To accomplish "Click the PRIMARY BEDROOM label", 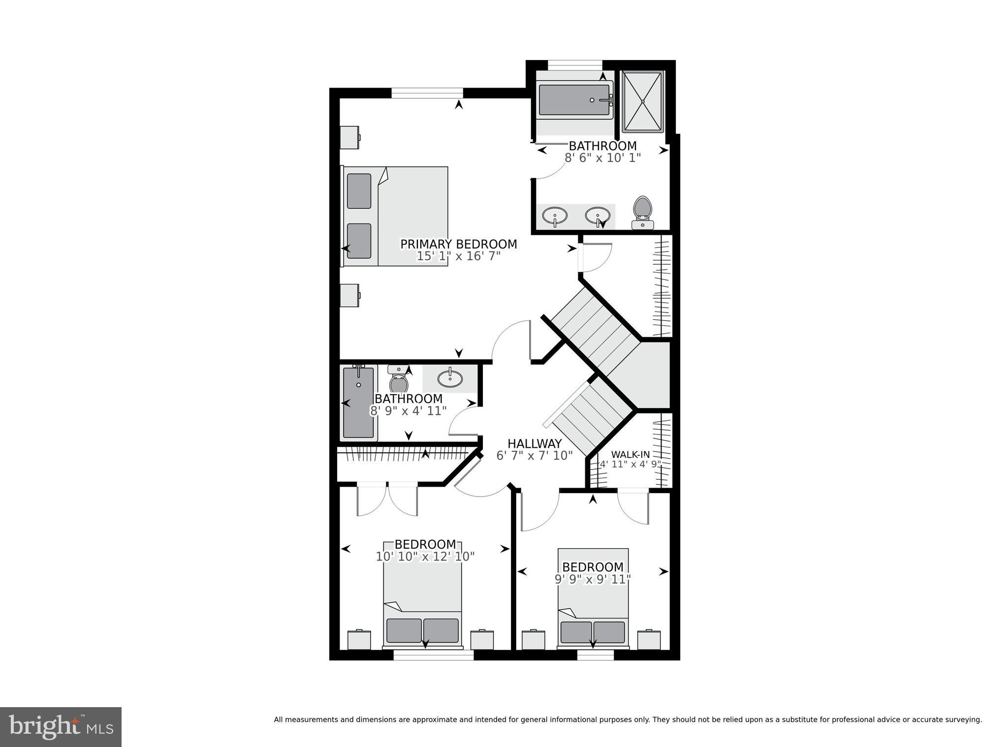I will click(x=458, y=244).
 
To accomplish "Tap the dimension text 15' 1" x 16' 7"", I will click(x=458, y=256).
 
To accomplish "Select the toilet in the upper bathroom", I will click(x=642, y=212).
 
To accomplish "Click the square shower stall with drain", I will click(x=643, y=101).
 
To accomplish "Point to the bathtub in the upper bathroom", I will click(x=574, y=100).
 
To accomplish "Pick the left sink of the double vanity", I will click(x=555, y=216).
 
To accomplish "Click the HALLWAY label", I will click(x=535, y=443).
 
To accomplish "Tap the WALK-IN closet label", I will click(x=630, y=455).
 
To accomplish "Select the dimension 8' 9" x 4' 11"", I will click(x=408, y=410).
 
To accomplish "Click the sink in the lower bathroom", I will click(x=450, y=378).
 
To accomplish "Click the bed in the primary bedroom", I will click(x=396, y=217).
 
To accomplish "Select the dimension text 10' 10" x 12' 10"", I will click(x=425, y=557).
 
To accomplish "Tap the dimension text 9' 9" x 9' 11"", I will click(x=593, y=579).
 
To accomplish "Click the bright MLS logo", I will click(x=61, y=727).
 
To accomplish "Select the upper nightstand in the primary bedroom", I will click(x=350, y=137).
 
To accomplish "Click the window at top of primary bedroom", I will click(x=427, y=93).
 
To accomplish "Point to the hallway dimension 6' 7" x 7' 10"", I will click(x=535, y=456).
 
